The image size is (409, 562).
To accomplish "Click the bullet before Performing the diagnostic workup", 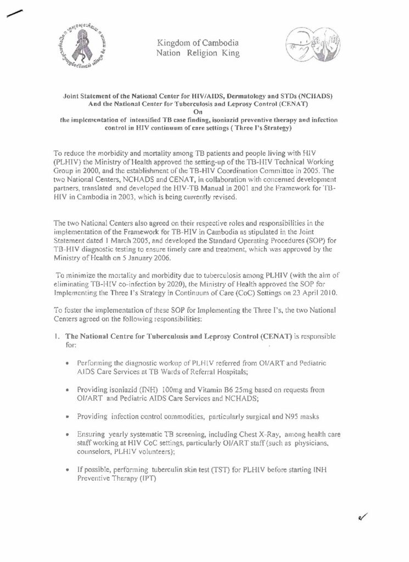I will click(66, 363).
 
